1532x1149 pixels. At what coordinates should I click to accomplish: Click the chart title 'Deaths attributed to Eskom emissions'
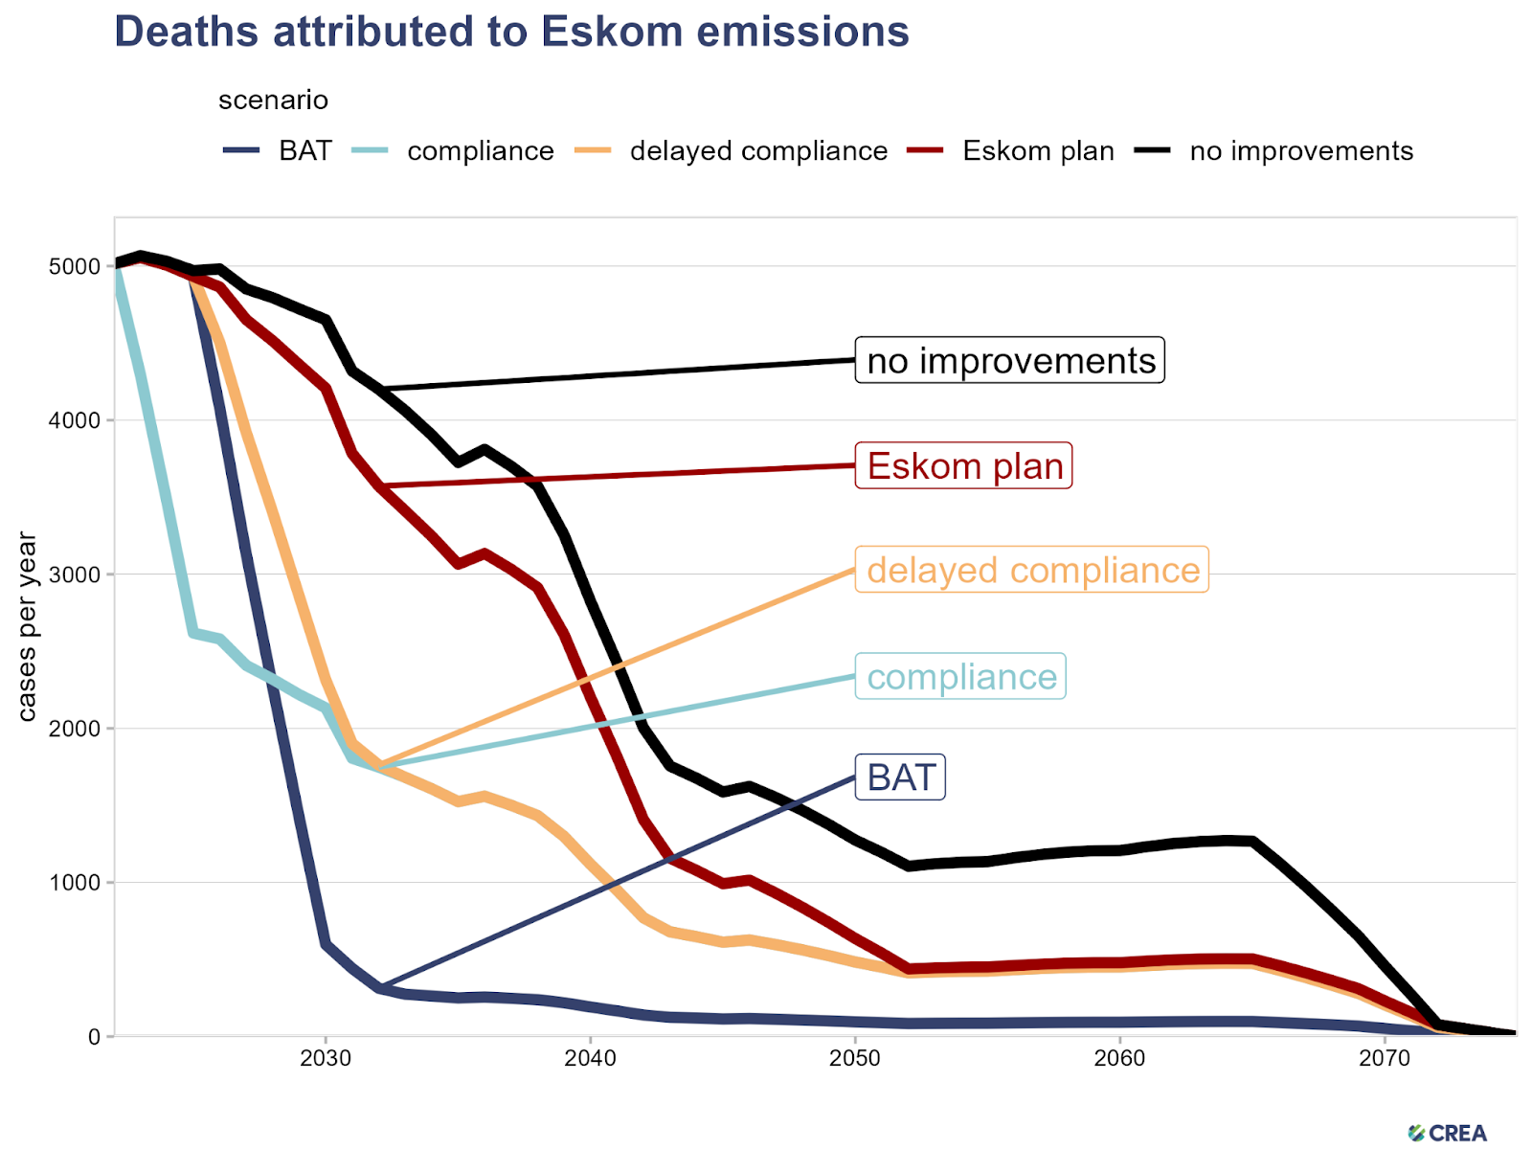(x=511, y=32)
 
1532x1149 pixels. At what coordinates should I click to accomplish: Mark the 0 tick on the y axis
(x=93, y=1036)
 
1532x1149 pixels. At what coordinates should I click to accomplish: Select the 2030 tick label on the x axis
(x=326, y=1059)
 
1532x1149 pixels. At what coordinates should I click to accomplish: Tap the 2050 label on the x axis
(x=855, y=1059)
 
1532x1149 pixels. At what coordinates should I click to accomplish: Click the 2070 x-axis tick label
(x=1385, y=1059)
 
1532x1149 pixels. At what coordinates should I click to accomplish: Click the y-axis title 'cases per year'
(x=27, y=627)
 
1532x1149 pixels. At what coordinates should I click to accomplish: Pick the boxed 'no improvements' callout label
(x=1010, y=361)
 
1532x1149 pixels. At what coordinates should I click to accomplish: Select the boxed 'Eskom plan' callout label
(x=964, y=466)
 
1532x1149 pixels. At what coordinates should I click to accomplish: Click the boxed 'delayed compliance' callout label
(x=1032, y=571)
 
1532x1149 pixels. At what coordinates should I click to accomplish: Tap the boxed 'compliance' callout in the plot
(x=960, y=677)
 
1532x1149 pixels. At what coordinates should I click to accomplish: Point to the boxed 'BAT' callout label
(x=900, y=777)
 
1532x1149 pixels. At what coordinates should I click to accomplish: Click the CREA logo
(x=1448, y=1134)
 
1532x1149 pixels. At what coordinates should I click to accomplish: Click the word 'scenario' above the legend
(x=273, y=101)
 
